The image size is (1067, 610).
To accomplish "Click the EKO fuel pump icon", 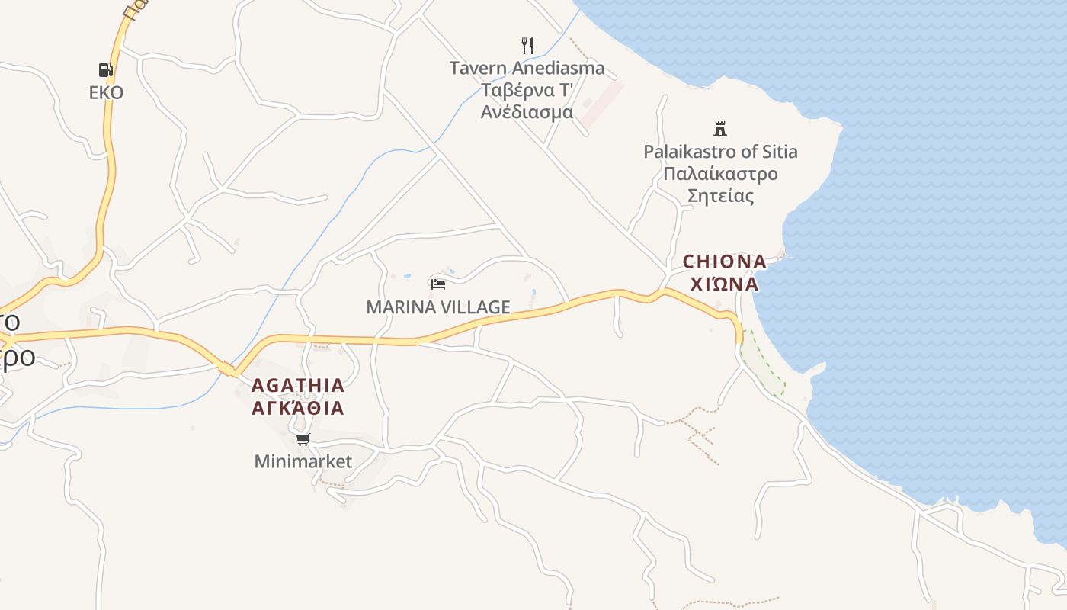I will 106,70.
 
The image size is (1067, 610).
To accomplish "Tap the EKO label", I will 106,92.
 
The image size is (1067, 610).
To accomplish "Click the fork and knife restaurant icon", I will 527,45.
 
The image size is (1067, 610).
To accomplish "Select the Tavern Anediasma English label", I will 527,68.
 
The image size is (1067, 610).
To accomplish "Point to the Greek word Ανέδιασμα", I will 527,112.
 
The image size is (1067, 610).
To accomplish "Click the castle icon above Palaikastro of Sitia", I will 720,128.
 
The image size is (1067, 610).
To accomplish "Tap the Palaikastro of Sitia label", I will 720,151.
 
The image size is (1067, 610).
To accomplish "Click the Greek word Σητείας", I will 720,196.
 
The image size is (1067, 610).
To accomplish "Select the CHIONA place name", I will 724,262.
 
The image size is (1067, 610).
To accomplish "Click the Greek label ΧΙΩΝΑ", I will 724,284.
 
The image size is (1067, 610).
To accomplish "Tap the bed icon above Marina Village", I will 438,284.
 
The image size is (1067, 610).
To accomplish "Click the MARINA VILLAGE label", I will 438,307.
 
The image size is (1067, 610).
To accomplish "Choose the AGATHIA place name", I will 298,385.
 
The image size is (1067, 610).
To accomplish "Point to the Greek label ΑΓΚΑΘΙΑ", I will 298,408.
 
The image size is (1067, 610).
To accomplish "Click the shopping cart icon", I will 303,439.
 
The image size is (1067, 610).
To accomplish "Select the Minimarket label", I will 303,461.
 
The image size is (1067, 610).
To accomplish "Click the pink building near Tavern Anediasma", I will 601,105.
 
